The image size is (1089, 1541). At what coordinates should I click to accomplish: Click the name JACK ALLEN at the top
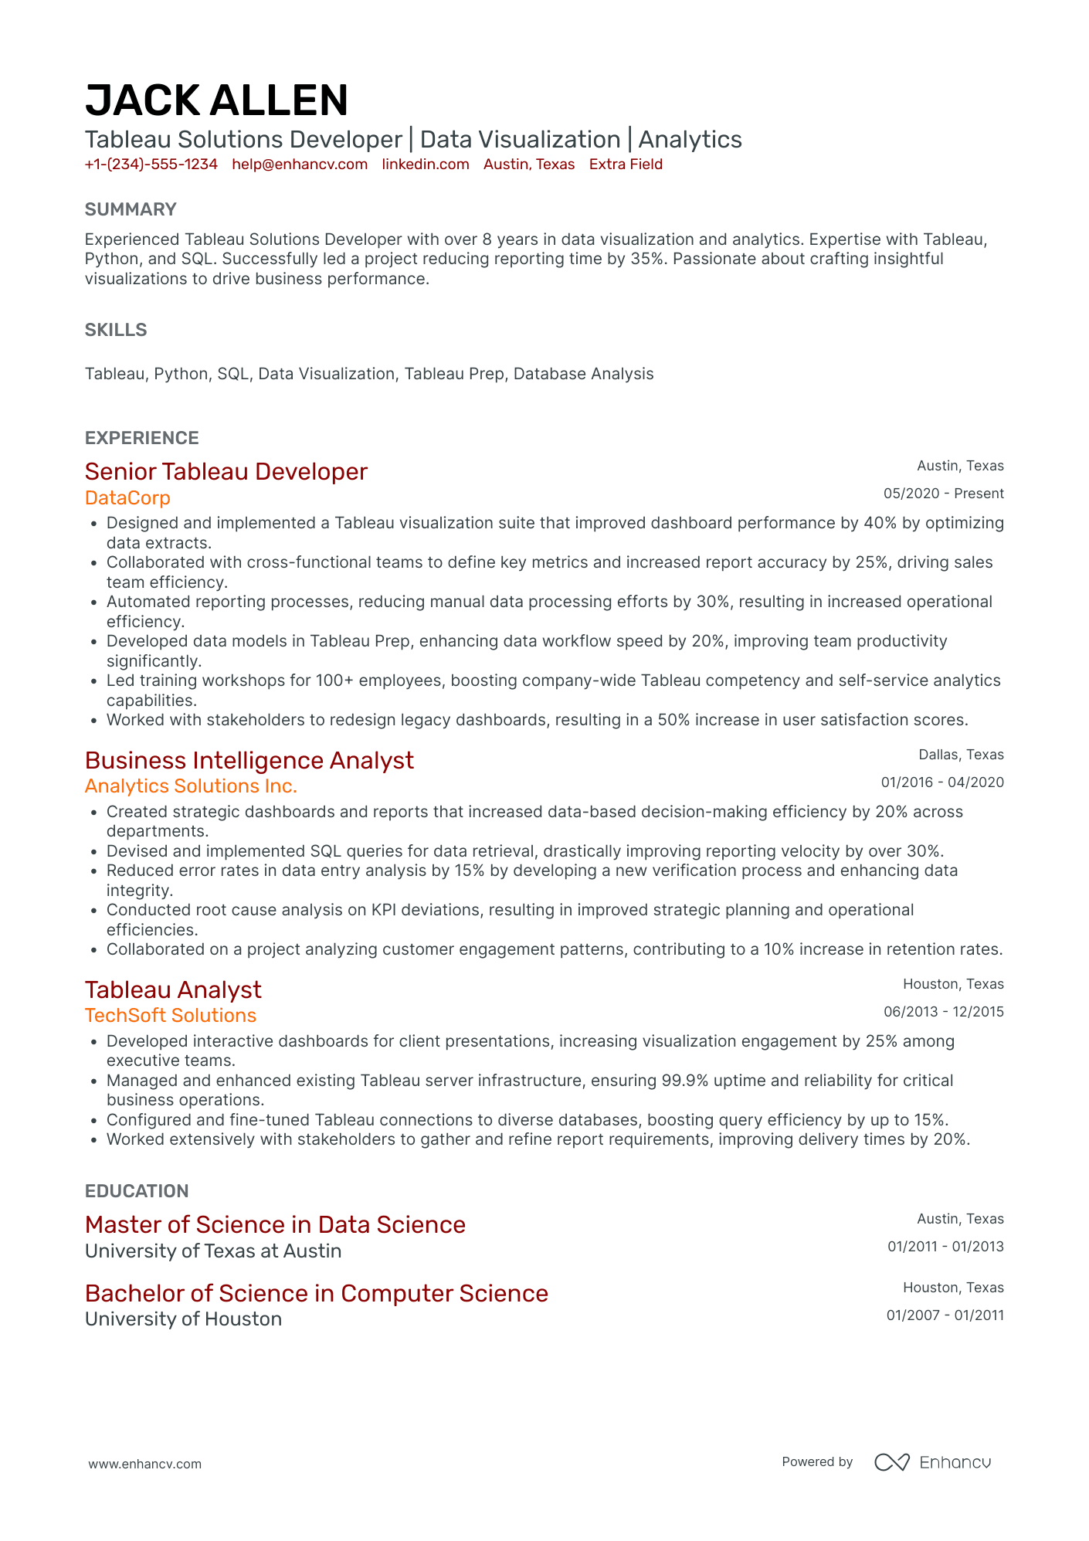(216, 101)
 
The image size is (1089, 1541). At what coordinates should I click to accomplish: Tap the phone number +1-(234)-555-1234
(151, 165)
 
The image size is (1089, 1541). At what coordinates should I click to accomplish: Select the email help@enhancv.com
(300, 165)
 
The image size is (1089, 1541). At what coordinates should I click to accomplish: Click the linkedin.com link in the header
(426, 165)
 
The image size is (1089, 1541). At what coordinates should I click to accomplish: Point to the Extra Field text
(626, 165)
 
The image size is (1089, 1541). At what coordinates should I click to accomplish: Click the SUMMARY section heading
(131, 209)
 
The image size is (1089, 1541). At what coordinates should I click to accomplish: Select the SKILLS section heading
(116, 330)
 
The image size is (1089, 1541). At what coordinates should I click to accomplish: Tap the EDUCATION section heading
(137, 1191)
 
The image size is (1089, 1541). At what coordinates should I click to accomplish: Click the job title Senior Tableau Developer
(226, 472)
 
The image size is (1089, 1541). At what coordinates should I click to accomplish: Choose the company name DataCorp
(127, 498)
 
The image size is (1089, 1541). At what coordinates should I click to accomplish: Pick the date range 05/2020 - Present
(944, 494)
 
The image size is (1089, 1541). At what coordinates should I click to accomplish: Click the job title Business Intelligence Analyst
(249, 761)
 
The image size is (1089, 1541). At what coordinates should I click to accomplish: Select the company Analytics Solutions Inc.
(191, 786)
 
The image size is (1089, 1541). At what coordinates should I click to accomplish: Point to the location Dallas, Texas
(961, 755)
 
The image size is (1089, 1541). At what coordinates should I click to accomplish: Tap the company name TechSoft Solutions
(171, 1016)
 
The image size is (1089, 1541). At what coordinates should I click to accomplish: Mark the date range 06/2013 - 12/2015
(944, 1012)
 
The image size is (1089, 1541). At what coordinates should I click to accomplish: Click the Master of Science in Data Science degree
(275, 1225)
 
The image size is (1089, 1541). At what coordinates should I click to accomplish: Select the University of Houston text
(183, 1319)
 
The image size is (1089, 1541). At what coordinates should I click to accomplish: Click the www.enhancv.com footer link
(144, 1464)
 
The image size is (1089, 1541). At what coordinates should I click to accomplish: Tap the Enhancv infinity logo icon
(892, 1462)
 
